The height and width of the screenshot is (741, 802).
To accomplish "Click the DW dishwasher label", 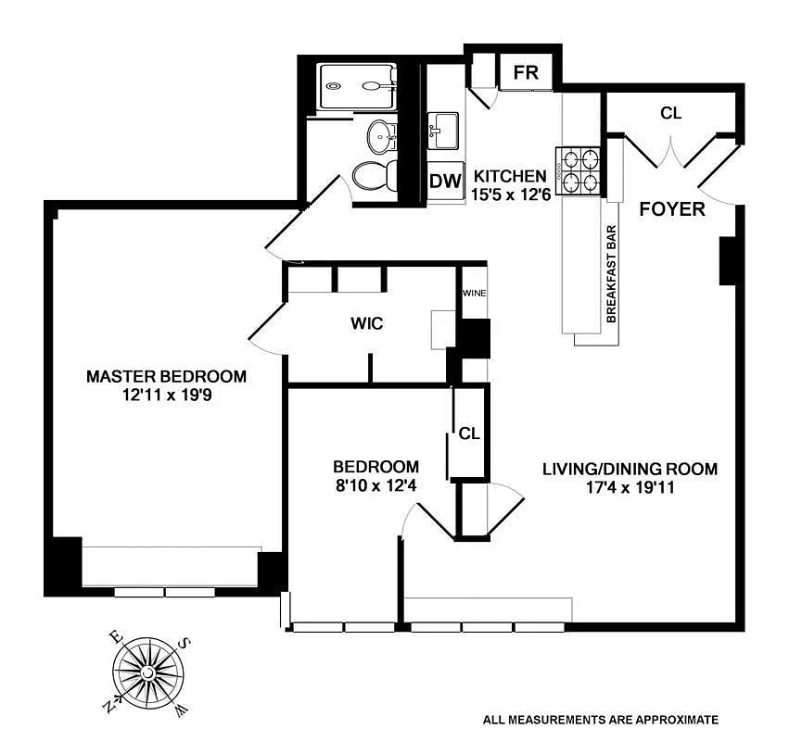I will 445,182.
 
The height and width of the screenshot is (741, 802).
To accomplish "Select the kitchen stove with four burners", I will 580,170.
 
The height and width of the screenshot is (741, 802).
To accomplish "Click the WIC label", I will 366,324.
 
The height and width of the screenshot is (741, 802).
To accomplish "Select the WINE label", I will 475,295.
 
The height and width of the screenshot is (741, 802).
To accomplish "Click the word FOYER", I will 672,209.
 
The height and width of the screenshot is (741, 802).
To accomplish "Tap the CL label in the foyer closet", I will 670,113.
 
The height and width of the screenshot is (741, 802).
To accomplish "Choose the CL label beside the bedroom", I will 469,433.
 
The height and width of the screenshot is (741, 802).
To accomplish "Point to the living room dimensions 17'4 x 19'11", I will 630,487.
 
